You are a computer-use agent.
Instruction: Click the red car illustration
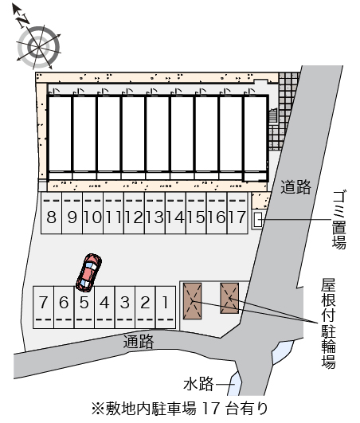88,272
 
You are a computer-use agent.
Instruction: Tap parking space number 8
52,213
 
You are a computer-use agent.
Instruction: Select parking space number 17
237,213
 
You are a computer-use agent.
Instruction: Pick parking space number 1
166,307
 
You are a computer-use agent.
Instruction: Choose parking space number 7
44,307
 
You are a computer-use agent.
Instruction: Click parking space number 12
135,213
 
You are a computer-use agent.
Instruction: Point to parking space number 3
125,307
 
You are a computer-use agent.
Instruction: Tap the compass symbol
37,46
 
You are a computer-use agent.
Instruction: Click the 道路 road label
295,187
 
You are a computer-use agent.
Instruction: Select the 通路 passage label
139,342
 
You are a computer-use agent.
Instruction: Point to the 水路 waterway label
198,384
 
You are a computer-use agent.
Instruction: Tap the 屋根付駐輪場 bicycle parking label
328,323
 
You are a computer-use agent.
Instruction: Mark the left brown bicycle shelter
192,301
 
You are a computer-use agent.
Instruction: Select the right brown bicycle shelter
229,298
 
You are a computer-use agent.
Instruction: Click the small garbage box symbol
258,219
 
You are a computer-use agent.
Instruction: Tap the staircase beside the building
273,116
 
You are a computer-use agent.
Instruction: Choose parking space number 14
176,213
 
